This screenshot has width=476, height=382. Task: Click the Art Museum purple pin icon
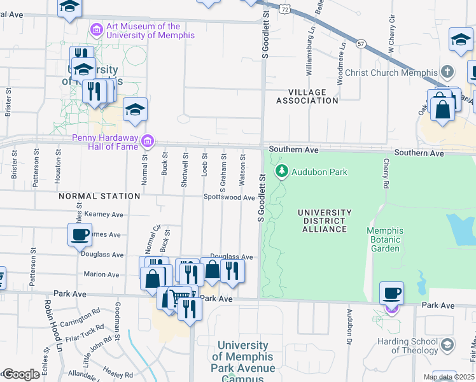(96, 29)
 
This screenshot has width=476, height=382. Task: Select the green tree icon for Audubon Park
(281, 171)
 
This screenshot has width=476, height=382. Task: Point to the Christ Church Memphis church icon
(447, 71)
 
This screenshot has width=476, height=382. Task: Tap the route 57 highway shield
(361, 43)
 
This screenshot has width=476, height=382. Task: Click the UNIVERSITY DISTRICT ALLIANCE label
(325, 220)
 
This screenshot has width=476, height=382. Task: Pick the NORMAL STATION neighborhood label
(99, 196)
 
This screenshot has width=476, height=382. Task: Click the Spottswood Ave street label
(229, 197)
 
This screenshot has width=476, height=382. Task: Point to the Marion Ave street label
(101, 274)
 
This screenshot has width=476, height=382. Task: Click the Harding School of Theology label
(406, 346)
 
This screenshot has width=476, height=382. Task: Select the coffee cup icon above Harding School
(391, 294)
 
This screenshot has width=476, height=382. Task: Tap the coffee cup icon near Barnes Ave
(80, 234)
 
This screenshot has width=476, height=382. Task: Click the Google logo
(20, 374)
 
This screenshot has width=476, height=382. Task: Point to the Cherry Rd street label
(386, 173)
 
